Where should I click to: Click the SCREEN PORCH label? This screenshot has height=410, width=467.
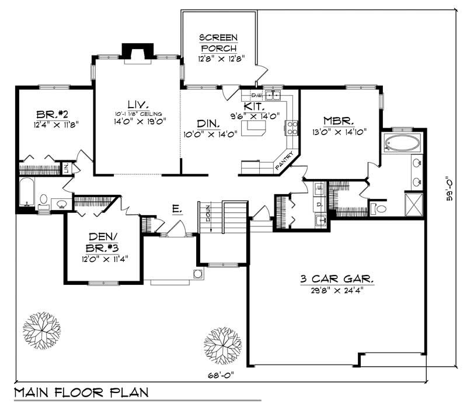click(x=218, y=43)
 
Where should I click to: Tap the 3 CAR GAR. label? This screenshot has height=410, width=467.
click(x=337, y=279)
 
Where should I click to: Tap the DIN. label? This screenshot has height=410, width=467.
click(x=208, y=124)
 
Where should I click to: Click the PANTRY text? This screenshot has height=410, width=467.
click(x=285, y=161)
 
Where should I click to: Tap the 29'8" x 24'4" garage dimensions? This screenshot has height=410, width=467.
click(x=337, y=289)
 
